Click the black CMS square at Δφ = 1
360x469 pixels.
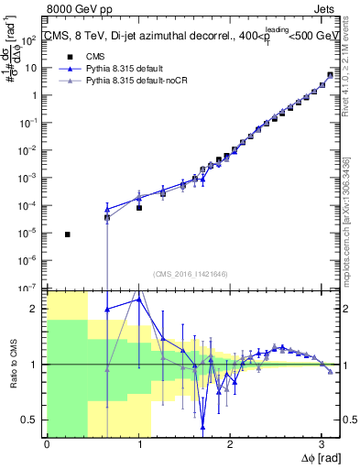[x=139, y=208]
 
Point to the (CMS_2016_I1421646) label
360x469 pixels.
[x=190, y=274]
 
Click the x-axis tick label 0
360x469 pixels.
[x=47, y=445]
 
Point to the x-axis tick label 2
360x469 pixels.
[x=230, y=445]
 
